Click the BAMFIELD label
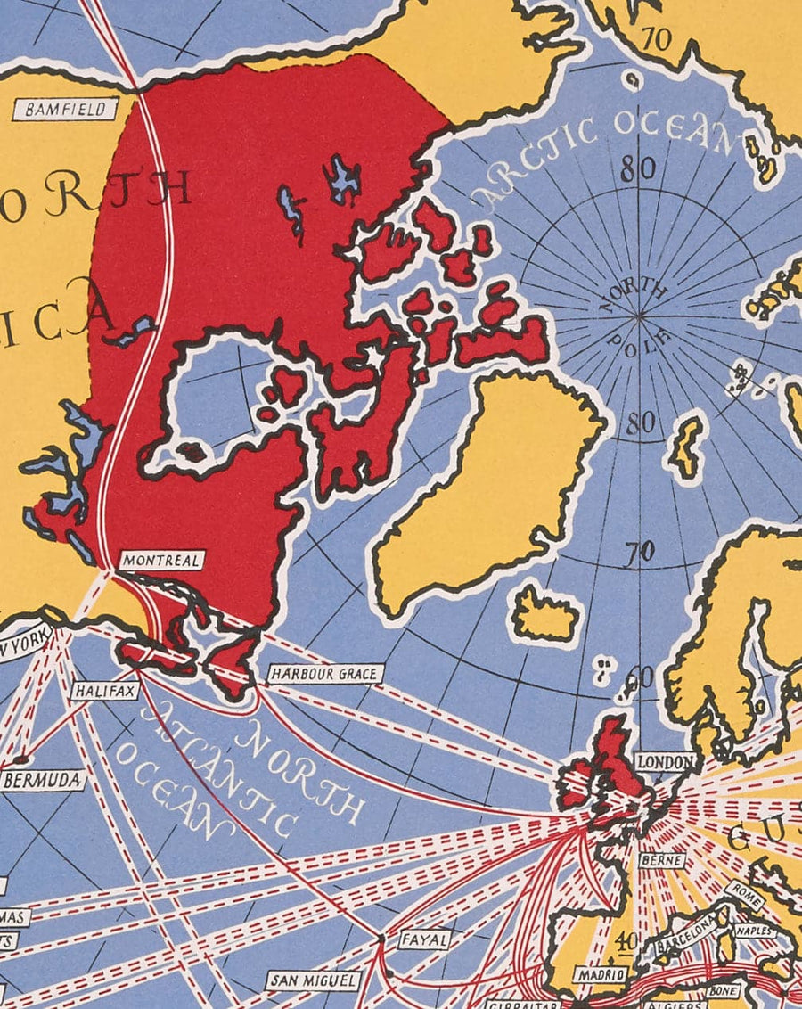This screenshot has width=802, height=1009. (66, 110)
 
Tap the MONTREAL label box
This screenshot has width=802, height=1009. (162, 561)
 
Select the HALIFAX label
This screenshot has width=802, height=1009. (105, 690)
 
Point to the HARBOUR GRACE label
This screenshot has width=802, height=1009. (325, 673)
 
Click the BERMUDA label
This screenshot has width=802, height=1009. (44, 781)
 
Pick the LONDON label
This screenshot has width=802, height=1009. (665, 762)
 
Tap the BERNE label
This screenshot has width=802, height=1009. (661, 861)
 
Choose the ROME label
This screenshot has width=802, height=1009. (744, 892)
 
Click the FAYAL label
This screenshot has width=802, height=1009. (422, 939)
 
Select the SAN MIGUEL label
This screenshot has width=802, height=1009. (313, 981)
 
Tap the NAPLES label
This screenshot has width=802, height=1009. (755, 931)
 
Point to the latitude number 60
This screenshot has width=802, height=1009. (641, 677)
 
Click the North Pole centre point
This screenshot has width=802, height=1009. (639, 315)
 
